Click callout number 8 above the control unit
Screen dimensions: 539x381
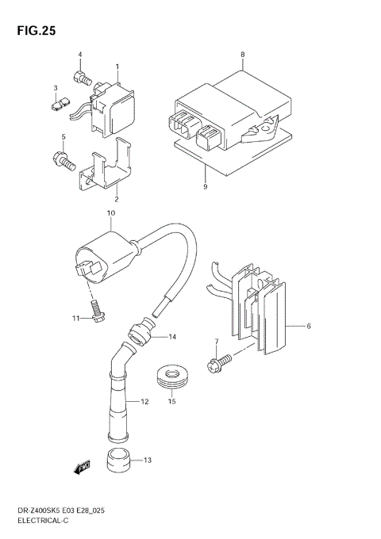243,54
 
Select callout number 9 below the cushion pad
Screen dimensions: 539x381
205,187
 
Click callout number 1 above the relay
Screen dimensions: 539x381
117,67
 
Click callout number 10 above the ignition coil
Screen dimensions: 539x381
112,213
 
